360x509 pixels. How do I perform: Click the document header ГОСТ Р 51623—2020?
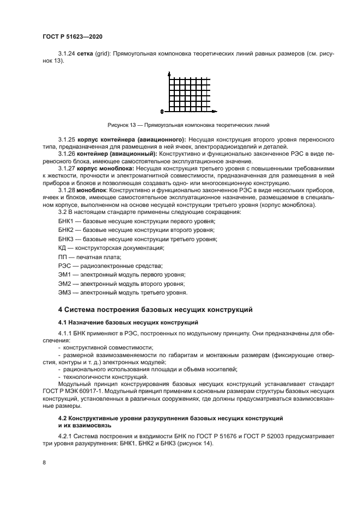pyautogui.click(x=72, y=36)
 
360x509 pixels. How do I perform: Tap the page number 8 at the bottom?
pyautogui.click(x=44, y=463)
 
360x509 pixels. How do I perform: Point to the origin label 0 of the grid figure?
pyautogui.click(x=162, y=112)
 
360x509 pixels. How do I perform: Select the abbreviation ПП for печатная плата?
pyautogui.click(x=63, y=256)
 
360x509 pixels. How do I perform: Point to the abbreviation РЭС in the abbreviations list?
pyautogui.click(x=64, y=266)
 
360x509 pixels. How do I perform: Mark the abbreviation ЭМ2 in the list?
pyautogui.click(x=65, y=284)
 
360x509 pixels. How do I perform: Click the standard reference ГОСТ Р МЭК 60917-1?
pyautogui.click(x=78, y=391)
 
